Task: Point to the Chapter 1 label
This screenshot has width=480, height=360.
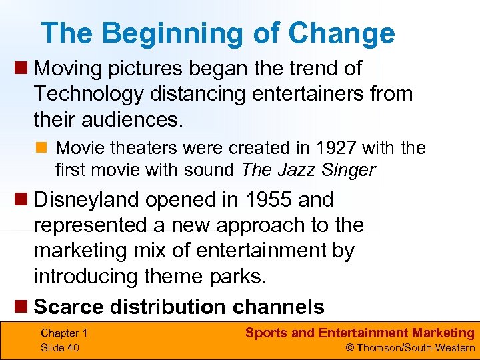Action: [64, 333]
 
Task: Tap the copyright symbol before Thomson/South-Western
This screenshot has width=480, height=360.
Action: [349, 347]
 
